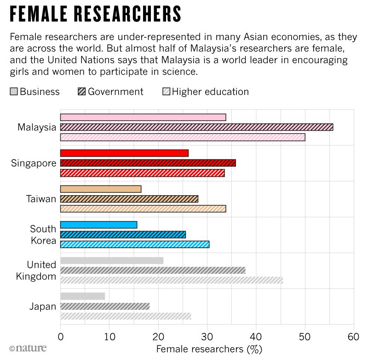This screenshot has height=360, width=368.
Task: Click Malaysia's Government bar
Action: (x=196, y=127)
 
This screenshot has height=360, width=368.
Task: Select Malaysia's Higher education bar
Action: (x=183, y=137)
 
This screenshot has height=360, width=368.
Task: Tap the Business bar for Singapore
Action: (x=124, y=153)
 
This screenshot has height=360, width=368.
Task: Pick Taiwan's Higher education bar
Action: (x=143, y=209)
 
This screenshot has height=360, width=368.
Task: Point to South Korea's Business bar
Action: (x=98, y=225)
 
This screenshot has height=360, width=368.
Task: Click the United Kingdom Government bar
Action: (x=153, y=270)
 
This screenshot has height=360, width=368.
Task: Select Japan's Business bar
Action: (x=83, y=296)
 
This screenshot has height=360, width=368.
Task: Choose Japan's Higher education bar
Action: (x=126, y=316)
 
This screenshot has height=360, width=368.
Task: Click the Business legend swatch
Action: (x=13, y=92)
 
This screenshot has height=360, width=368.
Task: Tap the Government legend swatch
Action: (x=81, y=92)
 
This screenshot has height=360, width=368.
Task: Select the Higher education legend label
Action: (x=210, y=92)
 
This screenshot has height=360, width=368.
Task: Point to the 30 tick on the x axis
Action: (x=207, y=337)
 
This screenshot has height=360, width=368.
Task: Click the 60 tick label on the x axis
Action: (x=353, y=337)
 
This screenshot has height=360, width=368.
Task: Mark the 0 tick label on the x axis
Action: (x=60, y=337)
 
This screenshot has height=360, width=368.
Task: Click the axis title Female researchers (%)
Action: (x=209, y=349)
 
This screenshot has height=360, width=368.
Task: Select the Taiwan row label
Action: (x=41, y=199)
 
